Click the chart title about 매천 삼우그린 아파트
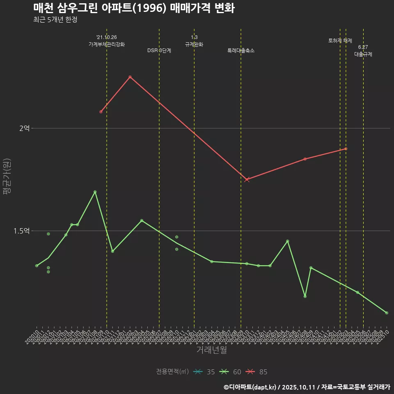(x=134, y=8)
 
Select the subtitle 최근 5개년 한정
(x=55, y=20)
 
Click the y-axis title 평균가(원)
(x=7, y=177)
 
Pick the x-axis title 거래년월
(x=211, y=350)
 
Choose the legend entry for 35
(x=204, y=372)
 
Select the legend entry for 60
(x=230, y=372)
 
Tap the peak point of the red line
(x=130, y=77)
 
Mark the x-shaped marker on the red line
(x=247, y=179)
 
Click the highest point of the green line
(x=95, y=192)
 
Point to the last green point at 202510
(x=387, y=313)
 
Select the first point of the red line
(x=101, y=112)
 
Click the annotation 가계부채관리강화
(x=107, y=44)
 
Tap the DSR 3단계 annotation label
(x=159, y=50)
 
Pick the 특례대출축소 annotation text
(x=241, y=50)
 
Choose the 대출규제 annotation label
(x=363, y=54)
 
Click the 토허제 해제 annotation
(x=340, y=41)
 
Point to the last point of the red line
(x=346, y=149)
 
